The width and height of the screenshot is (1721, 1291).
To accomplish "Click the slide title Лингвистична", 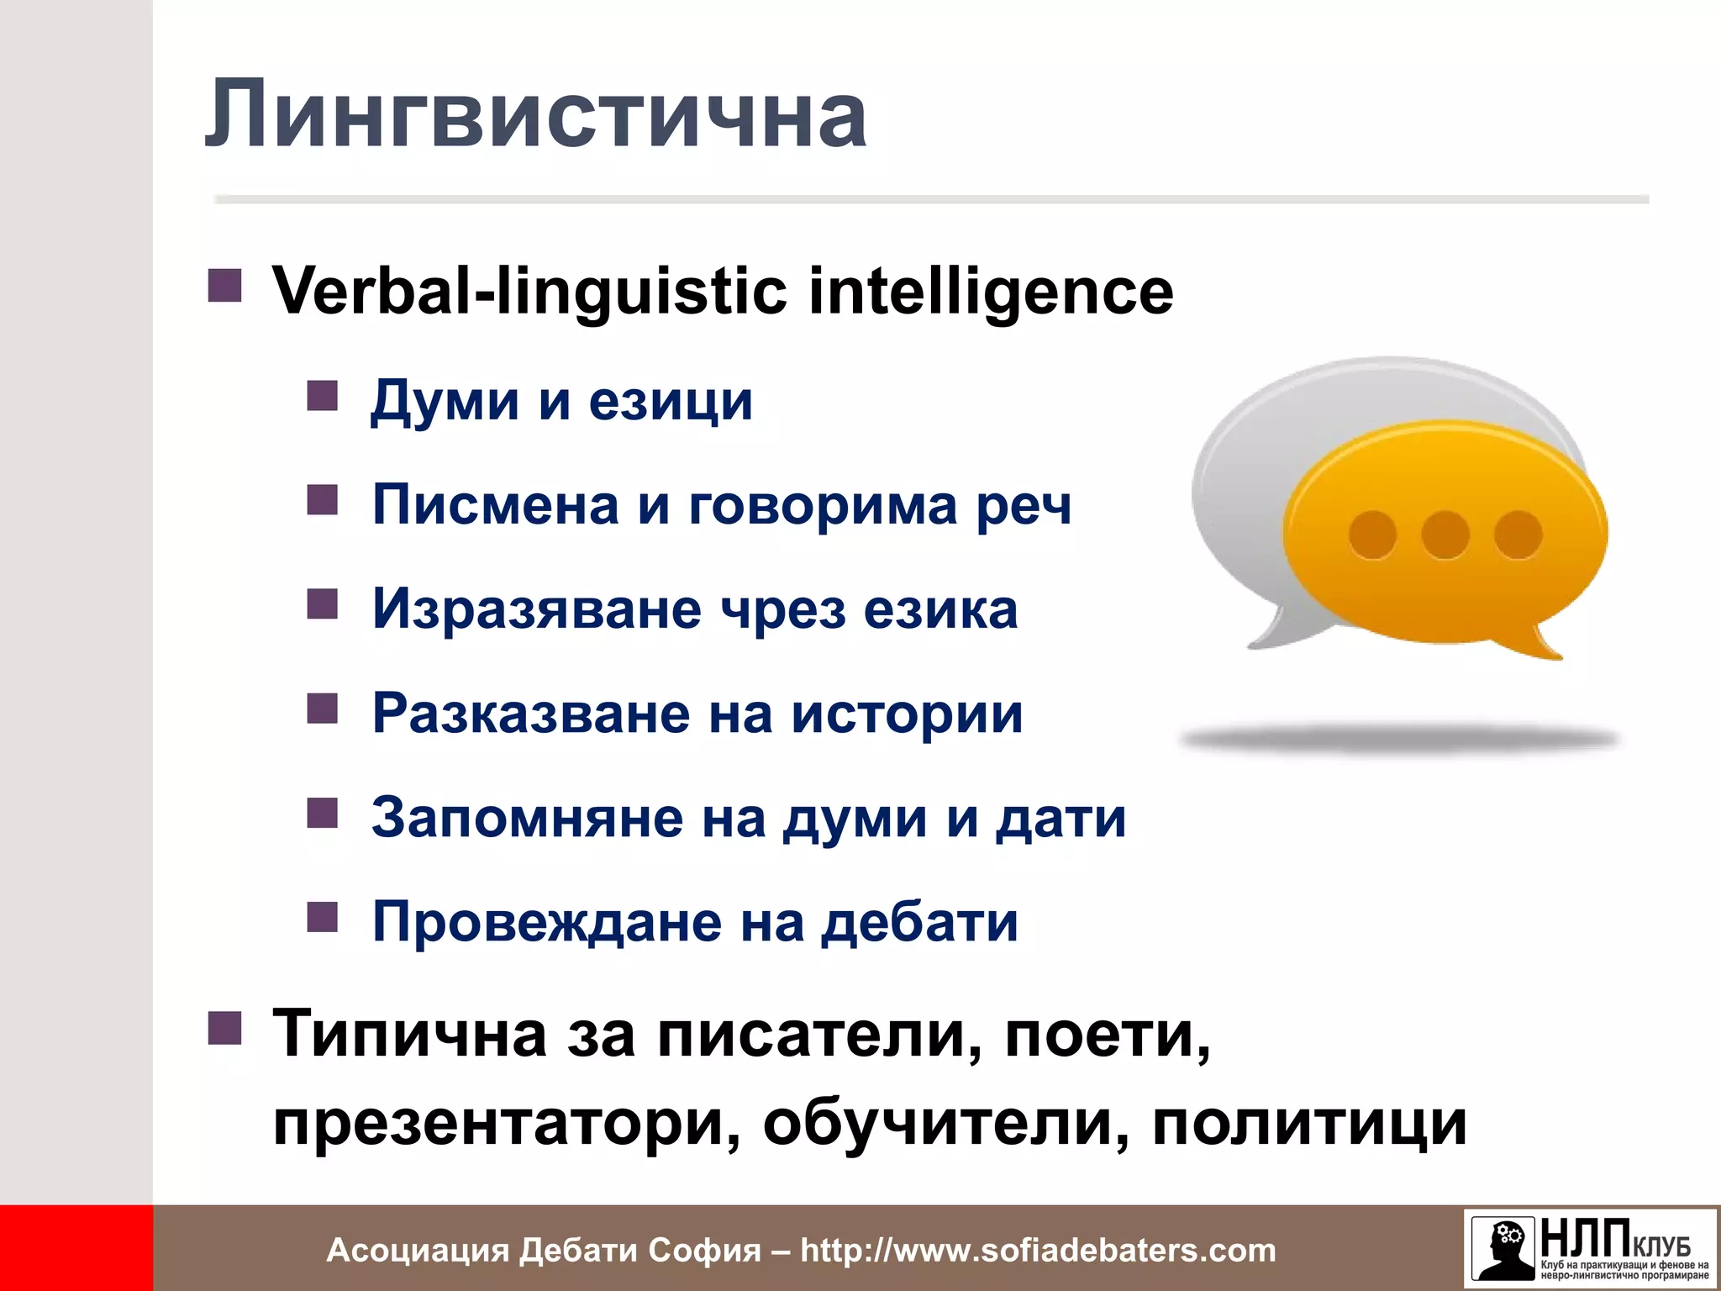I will point(535,114).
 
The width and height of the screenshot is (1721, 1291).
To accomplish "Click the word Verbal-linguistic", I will point(529,292).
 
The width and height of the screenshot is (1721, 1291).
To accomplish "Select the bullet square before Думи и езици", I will point(322,395).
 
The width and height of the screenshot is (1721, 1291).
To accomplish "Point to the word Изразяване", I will point(537,609).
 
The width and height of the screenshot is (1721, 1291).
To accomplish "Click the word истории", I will point(907,714).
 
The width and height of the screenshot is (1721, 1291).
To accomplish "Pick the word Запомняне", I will point(527,818).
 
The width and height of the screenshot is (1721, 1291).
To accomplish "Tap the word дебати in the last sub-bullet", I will point(919,922).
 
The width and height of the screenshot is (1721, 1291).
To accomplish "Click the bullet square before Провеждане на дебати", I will point(322,918).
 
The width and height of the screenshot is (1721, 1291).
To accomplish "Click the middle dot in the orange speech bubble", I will point(1445,535).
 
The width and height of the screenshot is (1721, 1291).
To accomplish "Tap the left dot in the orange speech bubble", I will point(1373,535).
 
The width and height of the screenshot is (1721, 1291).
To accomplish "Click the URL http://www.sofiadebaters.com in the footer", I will point(1038,1250).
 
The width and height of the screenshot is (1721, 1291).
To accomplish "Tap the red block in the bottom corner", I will point(76,1248).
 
